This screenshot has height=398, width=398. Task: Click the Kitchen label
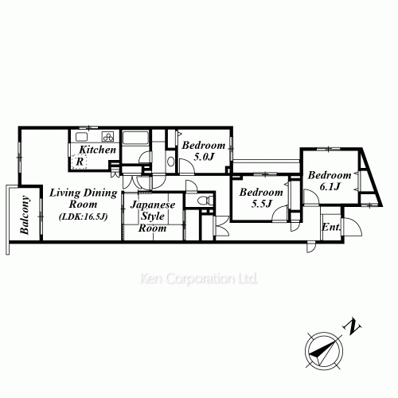98,150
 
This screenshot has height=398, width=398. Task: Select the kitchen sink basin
82,137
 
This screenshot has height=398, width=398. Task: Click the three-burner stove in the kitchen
108,137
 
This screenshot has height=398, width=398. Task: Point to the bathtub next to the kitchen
135,138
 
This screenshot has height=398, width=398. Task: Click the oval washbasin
171,162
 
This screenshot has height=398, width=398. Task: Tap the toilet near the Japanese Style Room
205,200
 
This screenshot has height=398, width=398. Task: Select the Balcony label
25,215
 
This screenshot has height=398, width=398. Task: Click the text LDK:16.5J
84,217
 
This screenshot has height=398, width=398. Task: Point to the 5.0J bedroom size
204,157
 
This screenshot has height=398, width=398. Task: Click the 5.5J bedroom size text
262,204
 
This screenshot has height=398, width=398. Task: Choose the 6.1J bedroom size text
330,187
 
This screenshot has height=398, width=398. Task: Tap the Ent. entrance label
331,227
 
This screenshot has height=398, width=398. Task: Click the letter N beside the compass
353,326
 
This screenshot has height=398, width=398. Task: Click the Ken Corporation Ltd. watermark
199,279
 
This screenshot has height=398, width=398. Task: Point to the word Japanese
153,205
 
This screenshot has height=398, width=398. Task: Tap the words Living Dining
84,193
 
